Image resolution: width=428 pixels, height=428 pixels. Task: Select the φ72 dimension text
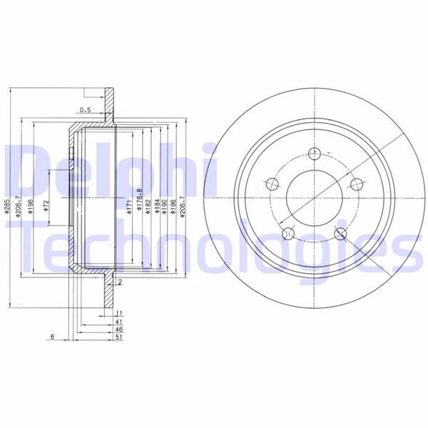[45, 208]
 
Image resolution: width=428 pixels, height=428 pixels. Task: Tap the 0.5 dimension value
[86, 110]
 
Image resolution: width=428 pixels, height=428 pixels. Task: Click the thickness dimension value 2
[121, 283]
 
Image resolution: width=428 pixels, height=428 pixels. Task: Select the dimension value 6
[52, 337]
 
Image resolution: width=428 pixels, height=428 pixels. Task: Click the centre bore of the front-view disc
[314, 196]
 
